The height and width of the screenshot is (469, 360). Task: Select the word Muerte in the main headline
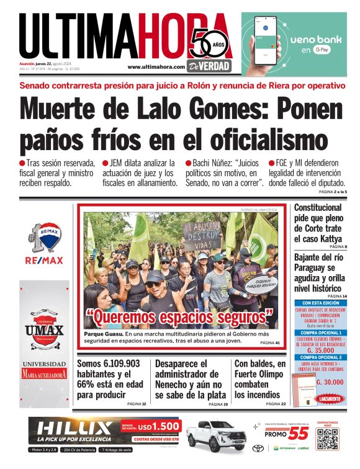click(x=66, y=109)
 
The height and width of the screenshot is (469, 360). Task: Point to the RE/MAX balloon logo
click(x=44, y=238)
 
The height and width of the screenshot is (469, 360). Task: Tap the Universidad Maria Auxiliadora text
click(x=44, y=370)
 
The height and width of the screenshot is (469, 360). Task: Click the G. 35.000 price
click(x=320, y=349)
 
